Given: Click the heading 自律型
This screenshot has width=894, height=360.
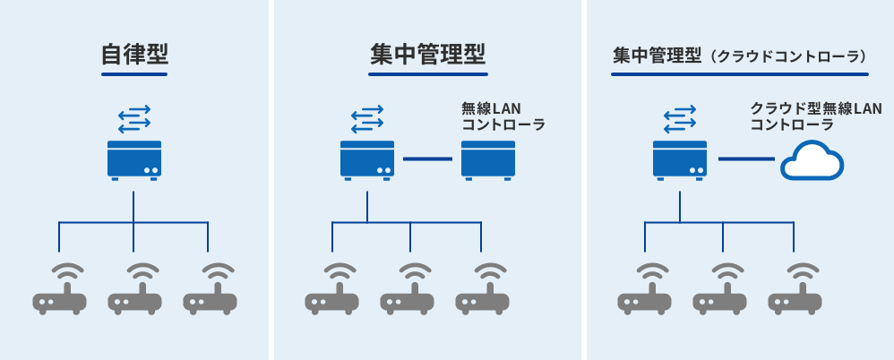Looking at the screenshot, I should [134, 55].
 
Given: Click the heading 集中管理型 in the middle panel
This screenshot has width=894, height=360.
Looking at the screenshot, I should [427, 55].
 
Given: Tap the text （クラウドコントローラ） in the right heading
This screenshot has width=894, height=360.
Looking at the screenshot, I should [789, 56].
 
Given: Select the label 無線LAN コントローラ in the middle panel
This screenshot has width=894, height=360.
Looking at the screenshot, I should [503, 117].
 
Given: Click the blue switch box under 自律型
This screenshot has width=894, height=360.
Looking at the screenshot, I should [134, 159].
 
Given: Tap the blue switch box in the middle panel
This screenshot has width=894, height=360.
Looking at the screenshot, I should [367, 159].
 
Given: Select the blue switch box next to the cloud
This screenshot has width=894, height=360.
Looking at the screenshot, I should [680, 159].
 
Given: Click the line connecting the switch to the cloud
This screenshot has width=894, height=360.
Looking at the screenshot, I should [745, 159].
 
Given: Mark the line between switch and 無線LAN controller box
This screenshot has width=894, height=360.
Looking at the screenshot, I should [427, 159].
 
